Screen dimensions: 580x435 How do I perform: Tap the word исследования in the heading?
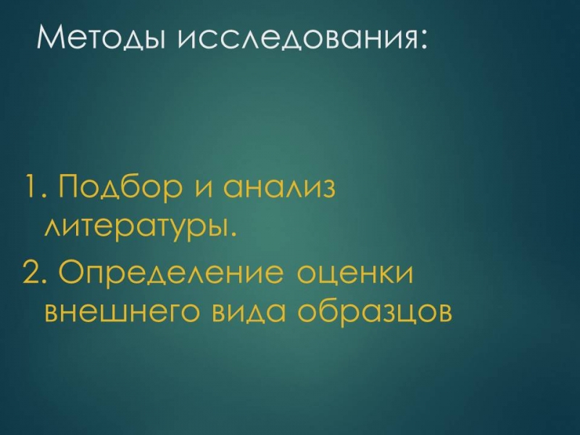point(295,38)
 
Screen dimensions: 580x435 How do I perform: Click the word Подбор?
point(120,186)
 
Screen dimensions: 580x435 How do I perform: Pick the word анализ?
point(278,188)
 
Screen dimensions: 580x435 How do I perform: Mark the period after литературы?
point(231,233)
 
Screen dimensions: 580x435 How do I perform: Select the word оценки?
point(355,276)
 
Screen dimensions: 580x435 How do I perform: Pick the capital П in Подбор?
point(70,186)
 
